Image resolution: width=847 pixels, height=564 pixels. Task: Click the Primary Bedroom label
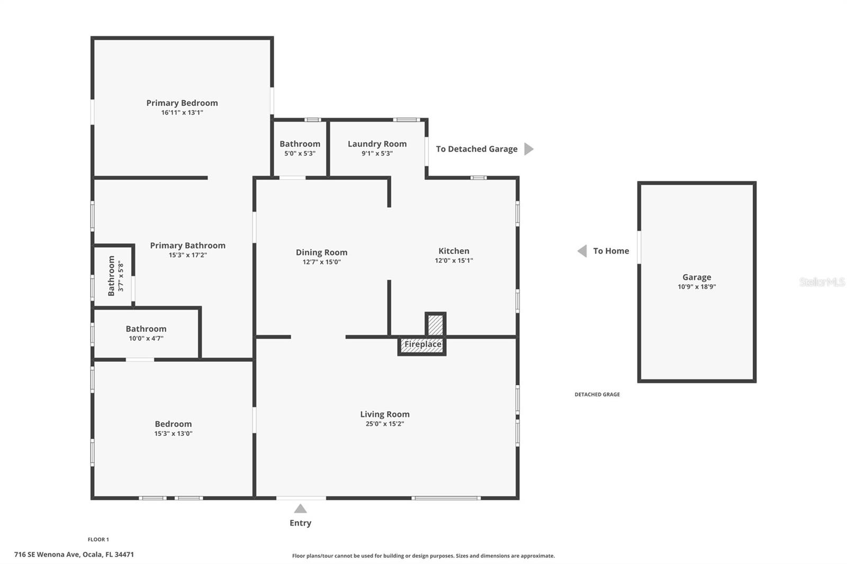click(x=182, y=103)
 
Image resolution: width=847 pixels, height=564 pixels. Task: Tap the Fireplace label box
click(x=422, y=345)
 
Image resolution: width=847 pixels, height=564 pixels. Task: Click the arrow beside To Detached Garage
click(x=528, y=149)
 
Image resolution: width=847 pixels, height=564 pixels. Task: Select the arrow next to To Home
click(x=582, y=251)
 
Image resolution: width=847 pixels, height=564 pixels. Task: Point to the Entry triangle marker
click(x=300, y=509)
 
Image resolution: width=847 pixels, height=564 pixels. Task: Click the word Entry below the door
click(x=300, y=523)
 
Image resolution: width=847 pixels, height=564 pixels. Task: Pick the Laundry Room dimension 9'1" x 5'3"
click(x=377, y=153)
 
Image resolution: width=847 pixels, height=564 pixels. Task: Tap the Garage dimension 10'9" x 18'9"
click(x=697, y=287)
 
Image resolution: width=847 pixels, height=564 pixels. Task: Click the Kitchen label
click(x=454, y=251)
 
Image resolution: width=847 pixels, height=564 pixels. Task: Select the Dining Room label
click(x=321, y=252)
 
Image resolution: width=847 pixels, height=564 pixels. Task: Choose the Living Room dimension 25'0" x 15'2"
click(x=385, y=424)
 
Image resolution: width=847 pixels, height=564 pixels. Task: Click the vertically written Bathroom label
click(x=111, y=276)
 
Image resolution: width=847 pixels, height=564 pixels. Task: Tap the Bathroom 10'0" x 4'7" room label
click(x=146, y=329)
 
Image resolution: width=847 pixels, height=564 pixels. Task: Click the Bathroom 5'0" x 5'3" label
click(x=300, y=144)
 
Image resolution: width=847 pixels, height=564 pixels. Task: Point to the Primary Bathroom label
click(x=187, y=245)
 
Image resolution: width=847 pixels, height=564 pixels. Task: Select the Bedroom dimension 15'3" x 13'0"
click(x=173, y=433)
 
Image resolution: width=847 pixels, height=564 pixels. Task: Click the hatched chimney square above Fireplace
click(x=435, y=324)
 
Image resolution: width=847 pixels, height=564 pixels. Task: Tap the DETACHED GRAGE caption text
click(x=597, y=394)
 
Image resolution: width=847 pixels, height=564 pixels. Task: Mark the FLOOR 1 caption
click(x=98, y=540)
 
